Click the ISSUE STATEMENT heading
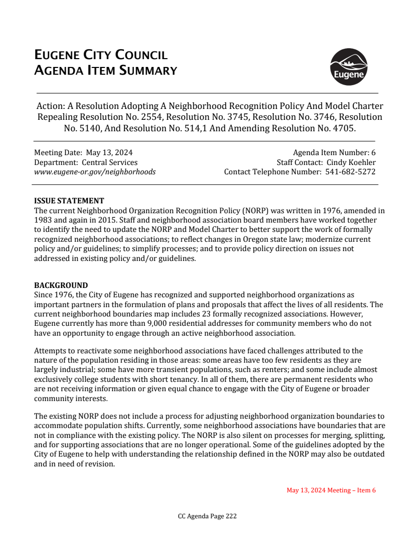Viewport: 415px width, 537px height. [x=69, y=201]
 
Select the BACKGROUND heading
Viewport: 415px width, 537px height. [x=61, y=285]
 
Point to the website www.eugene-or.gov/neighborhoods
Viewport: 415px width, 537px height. [x=94, y=172]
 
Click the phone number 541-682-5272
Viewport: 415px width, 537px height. [x=350, y=172]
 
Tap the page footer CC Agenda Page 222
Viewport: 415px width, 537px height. [x=207, y=516]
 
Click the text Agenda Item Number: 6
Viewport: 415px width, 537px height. [x=334, y=153]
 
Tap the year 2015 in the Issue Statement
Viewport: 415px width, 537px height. [x=103, y=220]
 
